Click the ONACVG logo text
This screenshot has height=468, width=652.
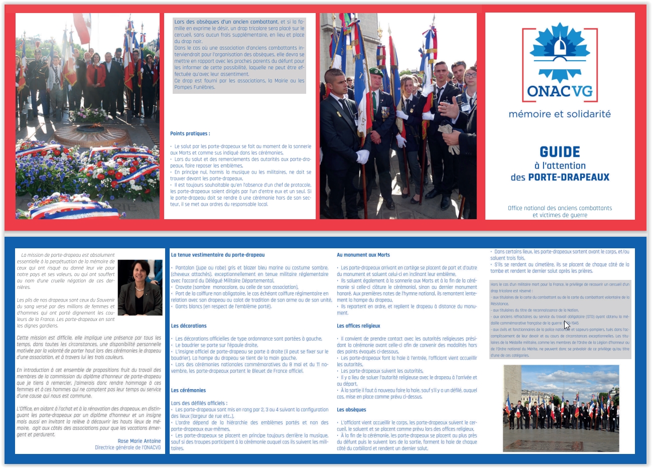[x=560, y=91]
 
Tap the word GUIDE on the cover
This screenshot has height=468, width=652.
[x=560, y=152]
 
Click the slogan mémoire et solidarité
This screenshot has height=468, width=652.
[x=560, y=114]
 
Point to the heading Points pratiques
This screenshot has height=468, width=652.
[x=190, y=133]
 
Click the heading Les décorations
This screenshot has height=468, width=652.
[x=189, y=326]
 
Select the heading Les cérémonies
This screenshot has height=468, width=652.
[x=188, y=390]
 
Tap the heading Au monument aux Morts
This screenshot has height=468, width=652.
[x=363, y=255]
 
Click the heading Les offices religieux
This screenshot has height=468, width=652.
[x=358, y=326]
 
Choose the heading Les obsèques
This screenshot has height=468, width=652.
[x=351, y=409]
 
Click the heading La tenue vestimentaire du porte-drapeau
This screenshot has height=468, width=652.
[x=217, y=255]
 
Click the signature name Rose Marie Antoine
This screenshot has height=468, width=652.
[x=139, y=441]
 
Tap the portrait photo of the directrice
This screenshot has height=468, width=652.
[x=140, y=287]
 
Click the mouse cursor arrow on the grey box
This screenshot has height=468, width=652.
[x=567, y=325]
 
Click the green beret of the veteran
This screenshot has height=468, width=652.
[x=376, y=72]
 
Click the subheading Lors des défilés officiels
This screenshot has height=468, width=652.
[x=199, y=403]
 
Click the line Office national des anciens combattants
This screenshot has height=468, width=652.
[x=560, y=208]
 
